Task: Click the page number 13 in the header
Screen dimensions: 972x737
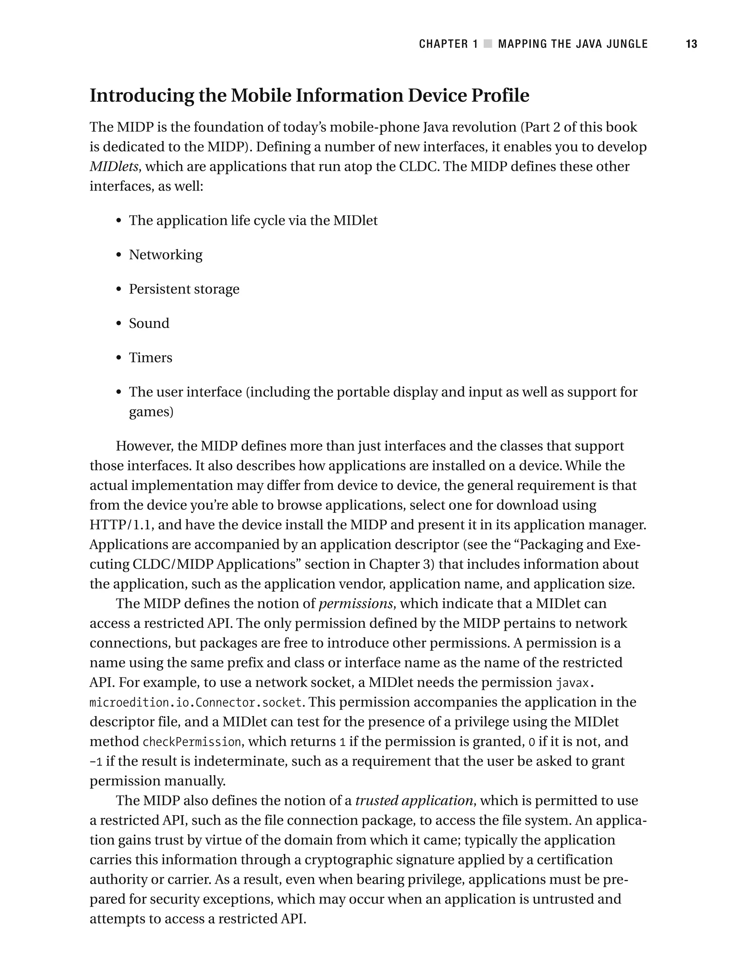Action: [x=691, y=44]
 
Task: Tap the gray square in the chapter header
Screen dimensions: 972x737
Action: [x=488, y=44]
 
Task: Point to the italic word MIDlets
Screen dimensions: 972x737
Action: [x=114, y=166]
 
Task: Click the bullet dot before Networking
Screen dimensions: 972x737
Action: [x=118, y=255]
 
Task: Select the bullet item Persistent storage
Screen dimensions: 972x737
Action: [x=184, y=289]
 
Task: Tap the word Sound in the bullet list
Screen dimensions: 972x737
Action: [x=149, y=323]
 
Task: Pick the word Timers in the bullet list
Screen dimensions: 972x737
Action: [x=150, y=358]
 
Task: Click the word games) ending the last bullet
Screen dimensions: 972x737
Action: [x=151, y=412]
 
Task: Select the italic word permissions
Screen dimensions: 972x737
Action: [x=355, y=604]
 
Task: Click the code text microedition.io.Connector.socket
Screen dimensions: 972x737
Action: [x=196, y=703]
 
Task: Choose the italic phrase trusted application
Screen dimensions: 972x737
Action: [x=414, y=800]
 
